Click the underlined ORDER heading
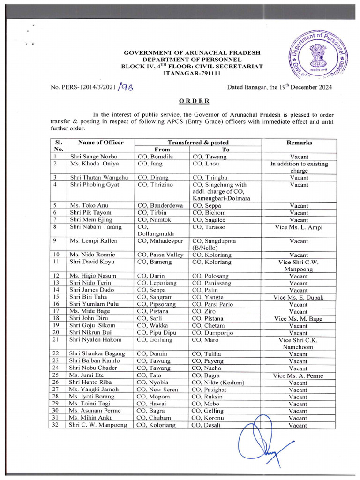[194, 101]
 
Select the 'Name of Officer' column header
[101, 142]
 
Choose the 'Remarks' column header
[299, 142]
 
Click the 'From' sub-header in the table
[162, 150]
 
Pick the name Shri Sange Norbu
[94, 157]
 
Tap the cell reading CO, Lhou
[205, 164]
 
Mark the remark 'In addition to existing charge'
[299, 167]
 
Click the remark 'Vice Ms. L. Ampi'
[299, 227]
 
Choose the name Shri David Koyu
[92, 262]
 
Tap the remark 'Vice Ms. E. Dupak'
[299, 297]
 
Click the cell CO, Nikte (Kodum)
[215, 382]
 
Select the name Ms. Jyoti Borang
[92, 397]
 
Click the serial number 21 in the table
[55, 339]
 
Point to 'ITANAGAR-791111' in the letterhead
[192, 74]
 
